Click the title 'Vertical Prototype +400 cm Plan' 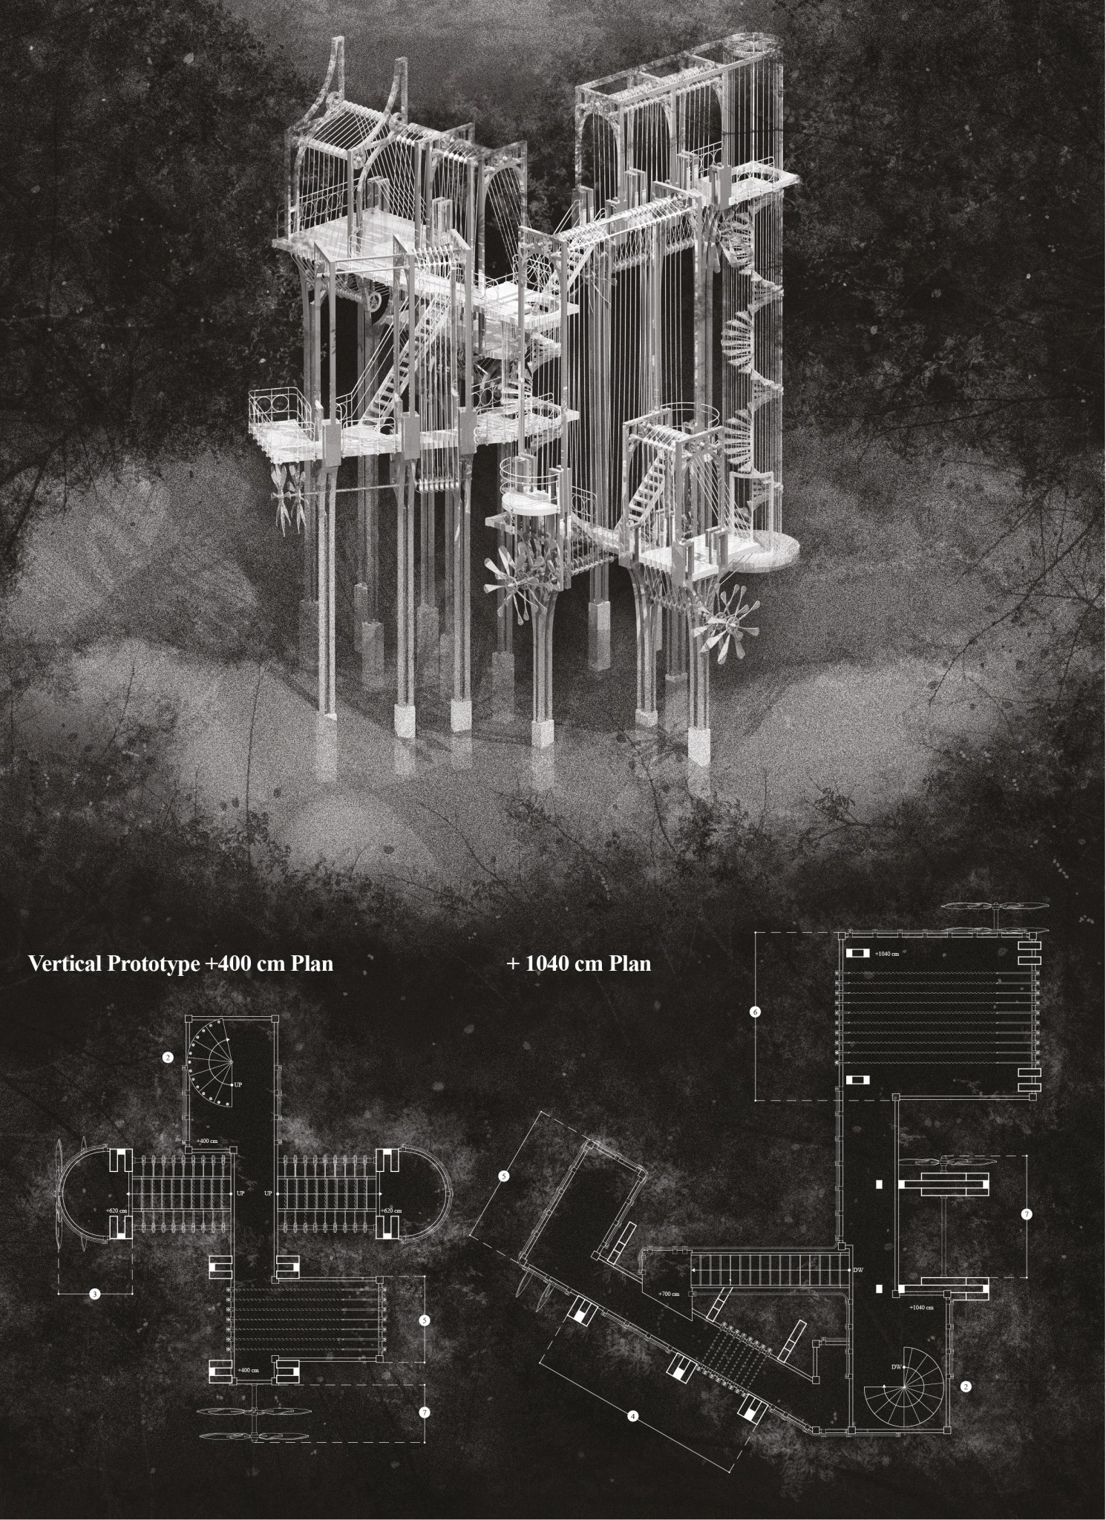(180, 964)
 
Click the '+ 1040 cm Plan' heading (579, 964)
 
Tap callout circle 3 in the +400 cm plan (95, 1294)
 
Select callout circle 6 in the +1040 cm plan (756, 1012)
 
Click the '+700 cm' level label (669, 1294)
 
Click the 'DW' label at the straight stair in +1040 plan (858, 1271)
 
